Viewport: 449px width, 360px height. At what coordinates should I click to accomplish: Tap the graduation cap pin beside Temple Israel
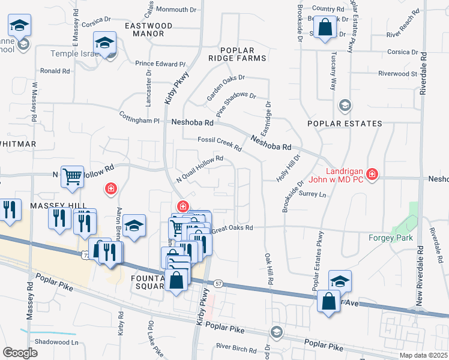click(x=104, y=43)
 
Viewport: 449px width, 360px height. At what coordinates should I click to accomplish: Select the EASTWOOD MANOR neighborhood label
click(x=148, y=30)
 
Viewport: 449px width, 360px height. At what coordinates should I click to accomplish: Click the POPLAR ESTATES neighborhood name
click(x=344, y=124)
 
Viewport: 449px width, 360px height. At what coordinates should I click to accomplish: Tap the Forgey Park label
click(x=390, y=237)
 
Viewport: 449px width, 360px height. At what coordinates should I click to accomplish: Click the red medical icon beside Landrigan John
click(x=373, y=174)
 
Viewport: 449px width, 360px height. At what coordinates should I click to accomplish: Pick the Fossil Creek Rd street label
click(x=220, y=144)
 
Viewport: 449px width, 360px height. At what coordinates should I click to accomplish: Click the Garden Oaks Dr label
click(x=226, y=88)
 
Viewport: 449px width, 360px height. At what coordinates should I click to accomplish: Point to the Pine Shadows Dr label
click(x=236, y=104)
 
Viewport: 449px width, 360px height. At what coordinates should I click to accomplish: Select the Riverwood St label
click(x=397, y=74)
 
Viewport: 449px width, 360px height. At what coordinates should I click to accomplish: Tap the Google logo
click(x=20, y=353)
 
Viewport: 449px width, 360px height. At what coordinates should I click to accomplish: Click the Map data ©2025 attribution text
click(x=423, y=355)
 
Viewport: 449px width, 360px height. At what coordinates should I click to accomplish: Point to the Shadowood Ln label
click(x=57, y=342)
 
